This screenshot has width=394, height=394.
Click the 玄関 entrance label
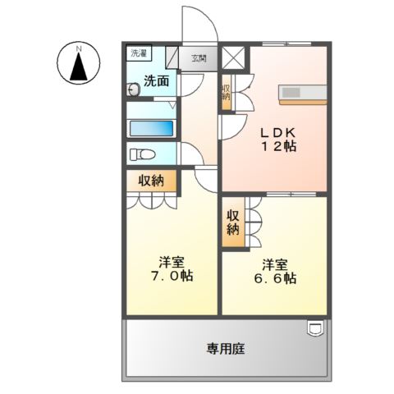coord(199,58)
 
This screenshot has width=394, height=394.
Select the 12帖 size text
coord(278,147)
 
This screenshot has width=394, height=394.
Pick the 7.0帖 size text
coord(172,277)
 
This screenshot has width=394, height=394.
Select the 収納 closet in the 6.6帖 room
coord(233,219)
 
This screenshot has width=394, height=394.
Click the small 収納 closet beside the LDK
coord(226,93)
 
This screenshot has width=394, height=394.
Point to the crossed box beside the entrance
coord(234,59)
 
